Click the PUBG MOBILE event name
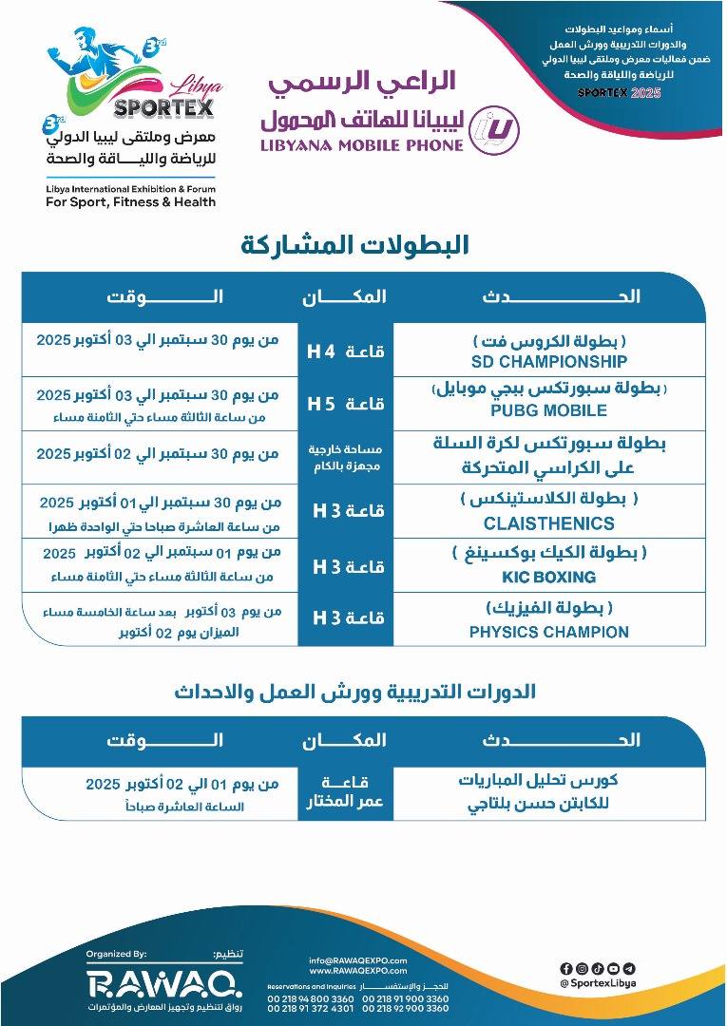point(548,411)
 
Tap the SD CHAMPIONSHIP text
point(548,362)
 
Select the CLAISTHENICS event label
point(548,523)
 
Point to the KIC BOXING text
point(548,577)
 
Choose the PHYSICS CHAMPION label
point(548,632)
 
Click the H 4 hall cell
point(345,351)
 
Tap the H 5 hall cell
point(345,404)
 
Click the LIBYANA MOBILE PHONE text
point(361,145)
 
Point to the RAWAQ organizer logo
point(163,981)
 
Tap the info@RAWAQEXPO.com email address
point(357,960)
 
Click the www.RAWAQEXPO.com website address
point(357,971)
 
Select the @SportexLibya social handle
point(598,983)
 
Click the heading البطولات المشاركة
point(355,245)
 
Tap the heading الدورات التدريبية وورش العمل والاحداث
point(354,692)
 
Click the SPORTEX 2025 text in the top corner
point(619,92)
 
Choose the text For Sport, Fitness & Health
point(131,201)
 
